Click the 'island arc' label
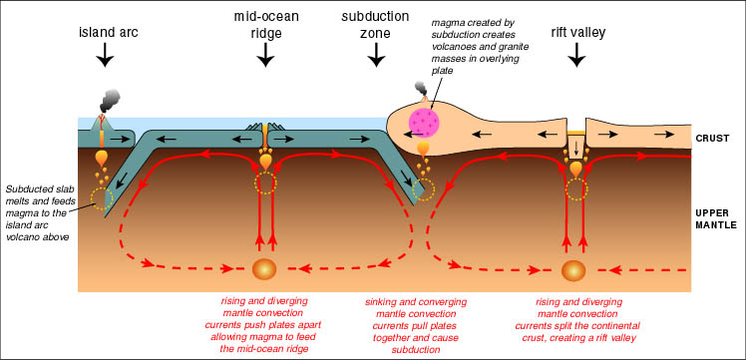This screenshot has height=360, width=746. click(x=109, y=33)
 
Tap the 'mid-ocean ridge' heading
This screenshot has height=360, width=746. click(x=266, y=25)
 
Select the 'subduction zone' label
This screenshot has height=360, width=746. click(x=375, y=25)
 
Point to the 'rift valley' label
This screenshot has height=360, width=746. click(x=577, y=33)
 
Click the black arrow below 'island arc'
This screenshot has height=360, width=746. click(x=105, y=56)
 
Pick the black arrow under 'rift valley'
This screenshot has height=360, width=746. click(x=577, y=56)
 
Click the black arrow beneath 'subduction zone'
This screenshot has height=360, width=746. click(x=377, y=56)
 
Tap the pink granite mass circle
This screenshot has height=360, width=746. click(x=424, y=124)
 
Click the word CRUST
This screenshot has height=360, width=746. click(x=712, y=139)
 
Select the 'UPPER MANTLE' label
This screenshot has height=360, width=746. click(x=715, y=218)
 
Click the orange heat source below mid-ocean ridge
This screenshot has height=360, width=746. click(x=265, y=269)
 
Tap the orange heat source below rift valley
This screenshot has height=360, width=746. click(x=573, y=270)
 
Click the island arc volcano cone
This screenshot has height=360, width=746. click(x=101, y=124)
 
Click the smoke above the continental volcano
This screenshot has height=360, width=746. click(x=420, y=88)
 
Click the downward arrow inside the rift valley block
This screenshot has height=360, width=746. click(x=576, y=148)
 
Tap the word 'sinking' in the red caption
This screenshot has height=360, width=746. click(x=382, y=302)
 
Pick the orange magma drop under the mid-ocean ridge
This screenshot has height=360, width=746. click(x=265, y=161)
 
